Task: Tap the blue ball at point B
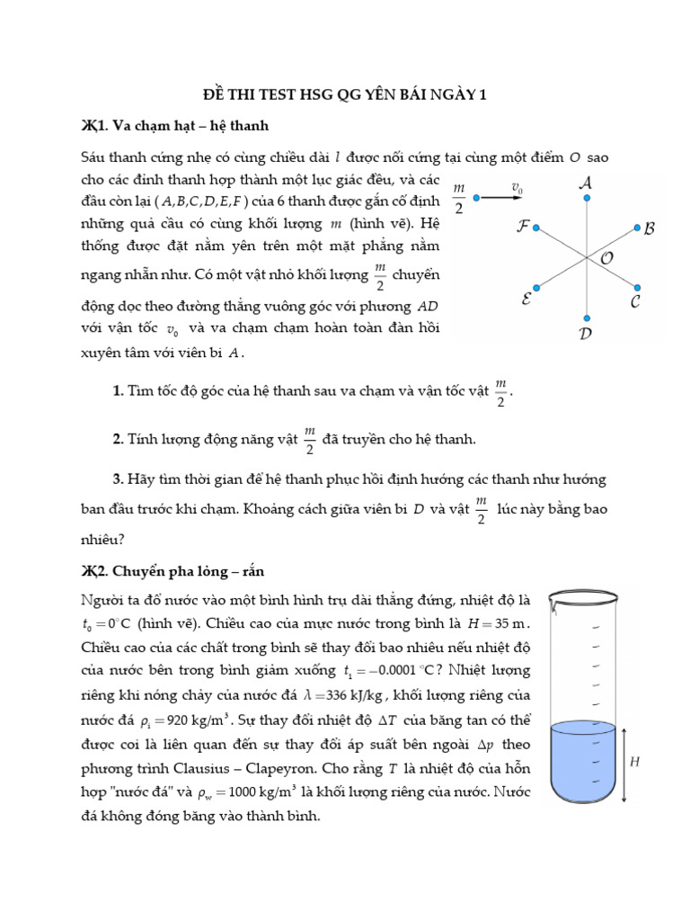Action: point(637,228)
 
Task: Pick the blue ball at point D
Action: point(587,317)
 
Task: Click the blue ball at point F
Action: point(536,228)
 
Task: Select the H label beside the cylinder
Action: point(634,762)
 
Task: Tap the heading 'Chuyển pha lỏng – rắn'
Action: point(190,571)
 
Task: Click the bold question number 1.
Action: point(118,389)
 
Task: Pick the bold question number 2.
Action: point(118,439)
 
